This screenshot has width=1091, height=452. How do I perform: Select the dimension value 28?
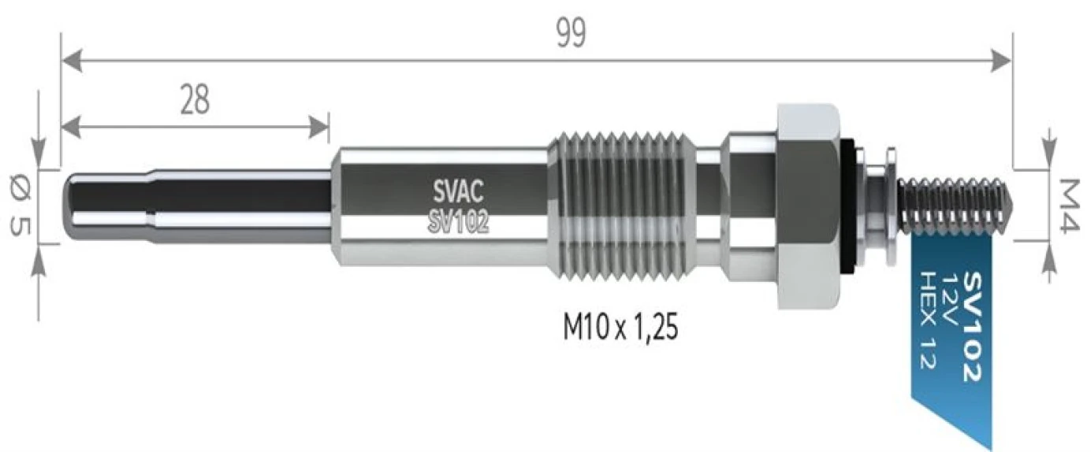point(194,100)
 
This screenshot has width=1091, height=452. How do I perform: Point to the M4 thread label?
point(1068,206)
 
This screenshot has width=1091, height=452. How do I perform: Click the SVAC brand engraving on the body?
point(458,191)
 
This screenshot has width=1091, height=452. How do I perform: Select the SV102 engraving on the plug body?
point(458,224)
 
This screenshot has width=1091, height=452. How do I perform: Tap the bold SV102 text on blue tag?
point(973,327)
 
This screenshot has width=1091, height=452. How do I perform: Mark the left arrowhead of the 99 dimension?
point(67,59)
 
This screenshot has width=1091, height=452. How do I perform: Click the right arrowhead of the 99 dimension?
point(1005,59)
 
